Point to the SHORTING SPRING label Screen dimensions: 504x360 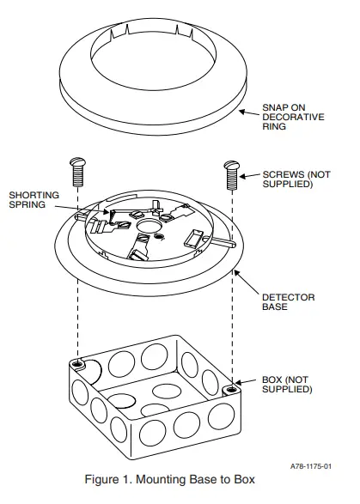click(x=32, y=200)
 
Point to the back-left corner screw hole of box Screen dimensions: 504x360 click(x=79, y=362)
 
